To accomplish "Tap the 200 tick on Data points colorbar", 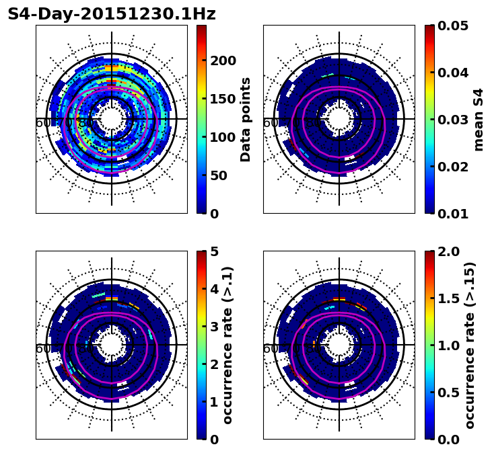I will click(x=223, y=60).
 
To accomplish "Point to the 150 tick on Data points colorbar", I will click(x=223, y=99).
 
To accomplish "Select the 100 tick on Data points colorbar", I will click(x=223, y=137).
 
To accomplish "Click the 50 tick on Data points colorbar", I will click(x=223, y=175).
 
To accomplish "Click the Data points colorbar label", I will click(x=246, y=119).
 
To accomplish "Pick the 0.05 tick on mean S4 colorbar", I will click(x=453, y=26).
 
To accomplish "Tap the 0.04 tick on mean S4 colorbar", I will click(x=453, y=73).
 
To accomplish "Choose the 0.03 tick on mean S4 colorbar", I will click(x=453, y=120).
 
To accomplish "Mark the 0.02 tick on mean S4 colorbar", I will click(x=453, y=167).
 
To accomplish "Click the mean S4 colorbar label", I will click(x=479, y=119).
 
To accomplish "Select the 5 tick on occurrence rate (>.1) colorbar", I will click(x=213, y=251).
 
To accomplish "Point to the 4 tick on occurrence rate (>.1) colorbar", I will click(x=213, y=289).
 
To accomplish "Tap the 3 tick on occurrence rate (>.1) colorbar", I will click(x=213, y=327).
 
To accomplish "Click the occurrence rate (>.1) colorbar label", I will click(x=227, y=345).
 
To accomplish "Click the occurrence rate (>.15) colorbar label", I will click(x=470, y=345).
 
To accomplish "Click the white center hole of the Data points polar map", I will click(x=112, y=119).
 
